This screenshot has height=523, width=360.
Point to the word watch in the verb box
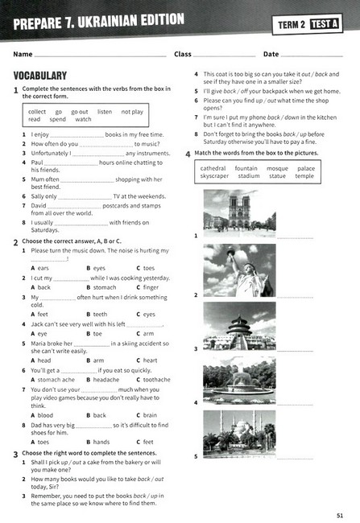83,120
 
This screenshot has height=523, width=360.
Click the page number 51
341,513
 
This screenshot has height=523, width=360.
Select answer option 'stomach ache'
56,380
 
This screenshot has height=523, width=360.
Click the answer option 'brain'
151,415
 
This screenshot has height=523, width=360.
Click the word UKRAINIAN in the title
119,20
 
